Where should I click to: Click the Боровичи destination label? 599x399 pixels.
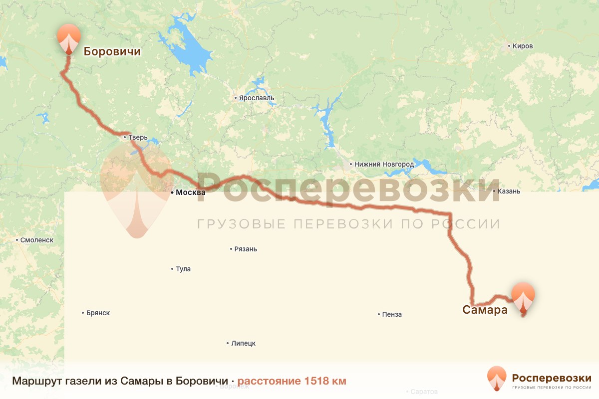point(112,51)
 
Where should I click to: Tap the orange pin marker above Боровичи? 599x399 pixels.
point(68,38)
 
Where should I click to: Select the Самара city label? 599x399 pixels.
point(485,310)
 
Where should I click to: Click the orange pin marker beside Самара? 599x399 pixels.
point(523,297)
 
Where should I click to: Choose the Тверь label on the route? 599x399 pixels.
point(137,138)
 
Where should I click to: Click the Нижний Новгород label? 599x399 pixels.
point(384,164)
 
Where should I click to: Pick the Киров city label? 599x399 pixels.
point(523,46)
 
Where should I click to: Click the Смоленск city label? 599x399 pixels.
point(36,240)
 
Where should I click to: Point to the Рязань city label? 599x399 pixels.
point(246,249)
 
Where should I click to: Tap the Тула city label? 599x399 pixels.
point(183,269)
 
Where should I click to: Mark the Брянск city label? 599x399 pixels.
point(98,313)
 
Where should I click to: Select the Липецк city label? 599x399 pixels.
point(243,343)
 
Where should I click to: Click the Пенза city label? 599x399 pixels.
point(392,314)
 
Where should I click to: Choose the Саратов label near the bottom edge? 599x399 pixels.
point(424,392)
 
